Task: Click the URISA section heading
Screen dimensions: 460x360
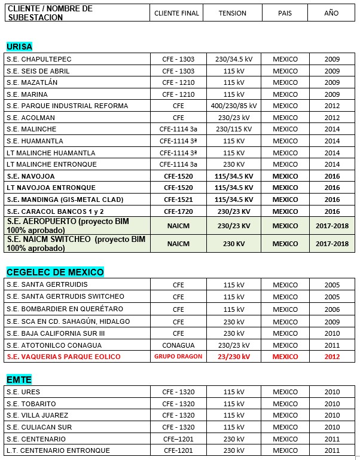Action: pos(19,47)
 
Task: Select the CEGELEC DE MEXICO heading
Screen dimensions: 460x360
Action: pos(55,272)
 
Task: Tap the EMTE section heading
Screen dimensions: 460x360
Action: pos(19,379)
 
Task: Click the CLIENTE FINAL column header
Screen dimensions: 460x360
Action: pos(176,13)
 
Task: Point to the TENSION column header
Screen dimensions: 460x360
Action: pos(233,13)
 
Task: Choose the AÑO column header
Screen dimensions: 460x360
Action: pos(331,13)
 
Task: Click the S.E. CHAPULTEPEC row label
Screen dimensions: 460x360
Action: pos(39,59)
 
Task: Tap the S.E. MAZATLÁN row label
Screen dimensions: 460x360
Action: pos(32,82)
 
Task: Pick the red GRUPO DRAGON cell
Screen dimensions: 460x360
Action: pos(178,357)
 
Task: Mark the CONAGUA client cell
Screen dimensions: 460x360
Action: pos(178,345)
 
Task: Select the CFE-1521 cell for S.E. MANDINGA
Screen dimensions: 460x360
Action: pos(178,200)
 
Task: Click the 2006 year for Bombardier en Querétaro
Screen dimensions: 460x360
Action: pos(332,309)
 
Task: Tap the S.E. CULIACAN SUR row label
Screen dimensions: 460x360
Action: pos(39,427)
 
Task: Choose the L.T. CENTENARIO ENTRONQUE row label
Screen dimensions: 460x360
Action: pos(58,450)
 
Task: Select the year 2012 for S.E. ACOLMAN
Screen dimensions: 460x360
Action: pos(332,118)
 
